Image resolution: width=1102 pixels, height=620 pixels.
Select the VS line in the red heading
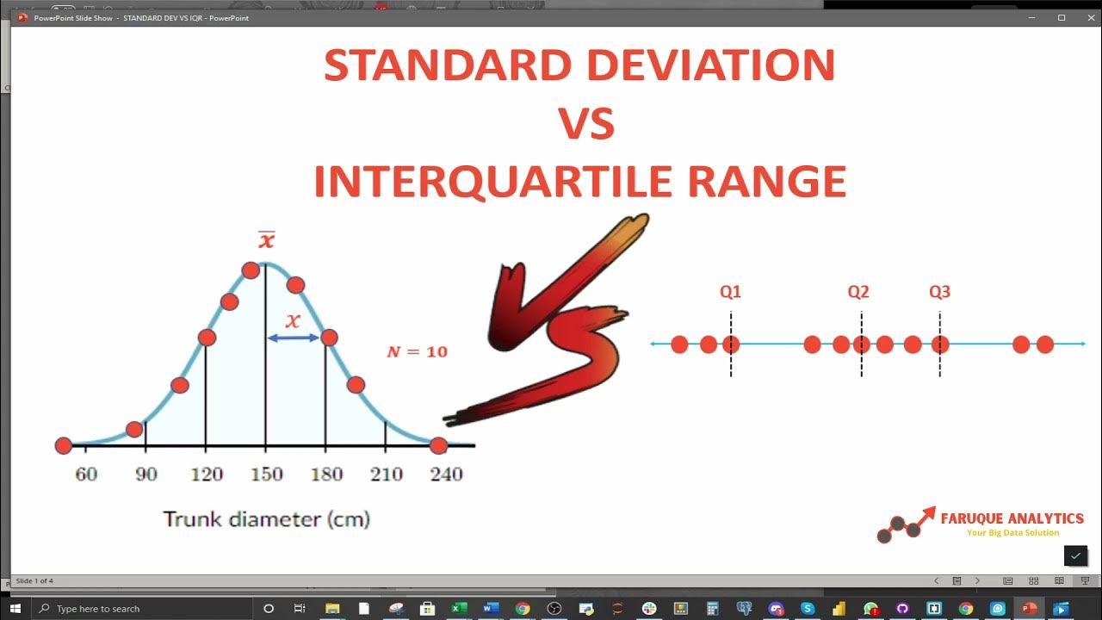[x=586, y=124]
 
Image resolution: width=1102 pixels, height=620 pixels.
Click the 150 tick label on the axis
[x=266, y=474]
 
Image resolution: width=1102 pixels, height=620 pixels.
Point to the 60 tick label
[x=86, y=474]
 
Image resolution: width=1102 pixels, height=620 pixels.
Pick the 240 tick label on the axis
[x=446, y=474]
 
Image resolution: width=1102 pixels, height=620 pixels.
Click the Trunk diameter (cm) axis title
[x=266, y=519]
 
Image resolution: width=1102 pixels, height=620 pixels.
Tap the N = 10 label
[x=417, y=351]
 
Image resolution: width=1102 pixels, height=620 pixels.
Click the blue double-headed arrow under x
[x=293, y=338]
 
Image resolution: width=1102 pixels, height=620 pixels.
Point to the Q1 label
[x=730, y=292]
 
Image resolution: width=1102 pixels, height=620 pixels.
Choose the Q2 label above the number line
[x=858, y=292]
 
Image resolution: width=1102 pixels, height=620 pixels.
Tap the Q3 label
[x=939, y=292]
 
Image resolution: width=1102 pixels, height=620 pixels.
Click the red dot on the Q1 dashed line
[x=731, y=344]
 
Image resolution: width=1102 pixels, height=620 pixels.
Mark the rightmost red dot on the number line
[x=1044, y=344]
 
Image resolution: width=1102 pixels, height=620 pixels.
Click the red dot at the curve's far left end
[x=63, y=445]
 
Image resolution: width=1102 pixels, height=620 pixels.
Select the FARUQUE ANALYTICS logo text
[x=1012, y=518]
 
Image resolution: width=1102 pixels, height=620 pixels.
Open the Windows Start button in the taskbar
[x=15, y=609]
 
